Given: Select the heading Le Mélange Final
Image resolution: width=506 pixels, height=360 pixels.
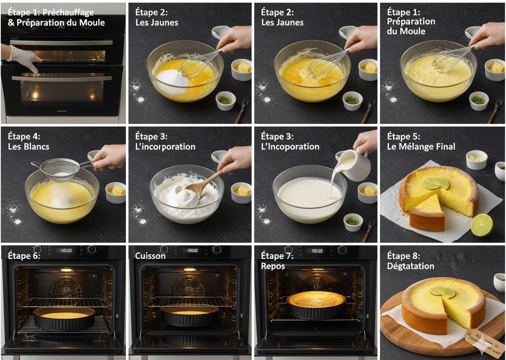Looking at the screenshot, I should click(x=421, y=146).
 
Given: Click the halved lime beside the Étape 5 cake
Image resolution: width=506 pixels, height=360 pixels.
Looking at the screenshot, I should click(x=482, y=225).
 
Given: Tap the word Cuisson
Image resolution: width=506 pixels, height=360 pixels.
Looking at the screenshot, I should click(x=150, y=256).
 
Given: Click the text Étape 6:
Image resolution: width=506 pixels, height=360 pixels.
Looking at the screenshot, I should click(x=24, y=256).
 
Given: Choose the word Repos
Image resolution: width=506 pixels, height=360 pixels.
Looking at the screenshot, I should click(x=273, y=266).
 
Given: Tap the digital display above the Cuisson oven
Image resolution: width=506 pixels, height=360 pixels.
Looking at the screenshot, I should click(x=190, y=250).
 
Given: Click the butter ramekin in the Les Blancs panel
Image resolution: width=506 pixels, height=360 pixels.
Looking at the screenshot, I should click(x=115, y=192).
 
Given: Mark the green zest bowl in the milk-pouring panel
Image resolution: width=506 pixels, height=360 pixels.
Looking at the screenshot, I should click(x=353, y=222).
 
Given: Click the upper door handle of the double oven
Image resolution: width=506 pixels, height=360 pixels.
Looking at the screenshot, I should click(x=61, y=43).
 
